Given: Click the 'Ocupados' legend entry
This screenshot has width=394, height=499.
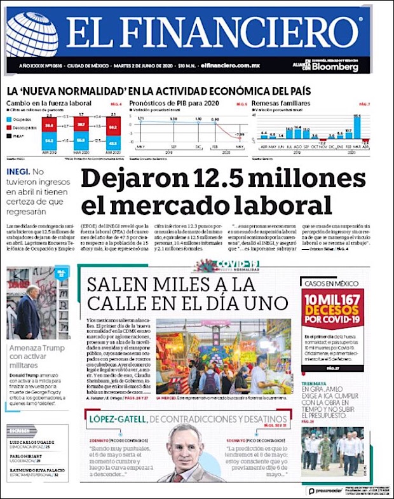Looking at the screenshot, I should pyautogui.click(x=22, y=119).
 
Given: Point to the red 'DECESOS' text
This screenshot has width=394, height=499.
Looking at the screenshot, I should pyautogui.click(x=333, y=311).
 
